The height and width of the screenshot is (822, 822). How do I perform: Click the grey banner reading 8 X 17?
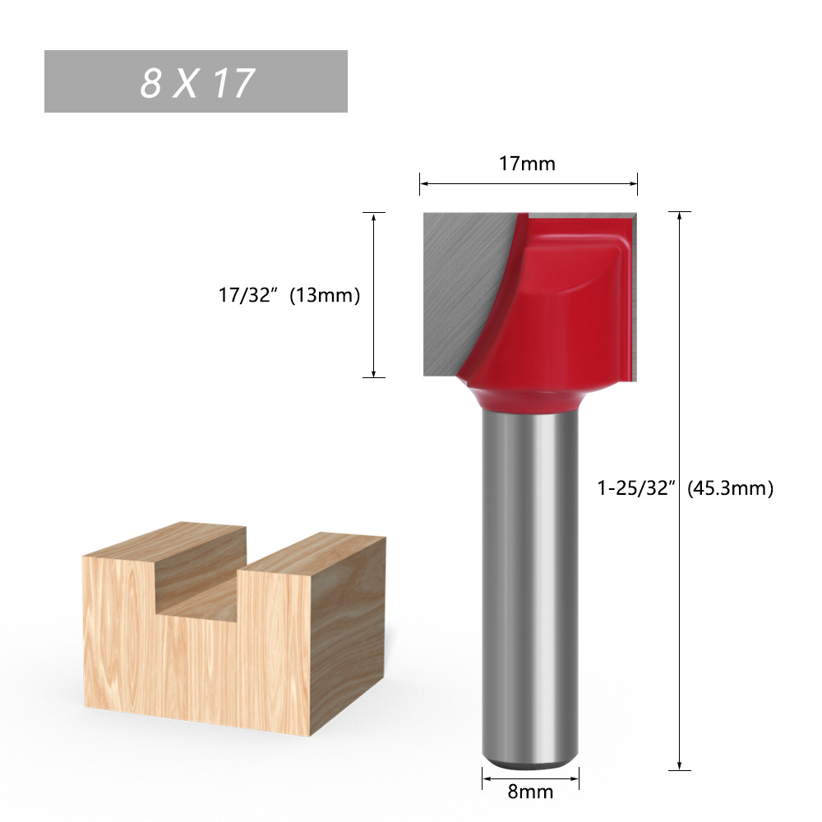tap(196, 81)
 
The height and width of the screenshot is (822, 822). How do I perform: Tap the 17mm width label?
tap(528, 164)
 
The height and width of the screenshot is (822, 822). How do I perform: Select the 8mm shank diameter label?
tap(531, 792)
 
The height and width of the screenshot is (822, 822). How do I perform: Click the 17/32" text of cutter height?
tap(244, 296)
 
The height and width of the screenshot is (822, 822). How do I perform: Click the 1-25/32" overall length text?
tap(636, 488)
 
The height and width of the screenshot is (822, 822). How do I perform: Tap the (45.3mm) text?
tap(731, 488)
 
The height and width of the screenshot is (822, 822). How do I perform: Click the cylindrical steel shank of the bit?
tap(530, 575)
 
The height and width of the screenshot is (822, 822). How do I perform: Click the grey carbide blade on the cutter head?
tap(460, 288)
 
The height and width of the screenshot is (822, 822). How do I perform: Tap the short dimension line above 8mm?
tap(530, 775)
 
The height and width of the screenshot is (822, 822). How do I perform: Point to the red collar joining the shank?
tap(530, 399)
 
